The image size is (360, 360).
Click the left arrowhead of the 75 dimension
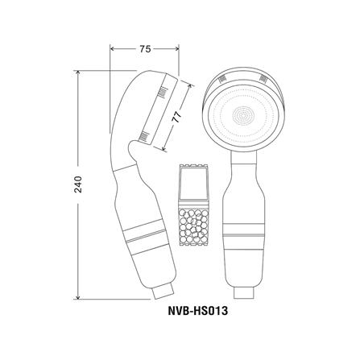point(112,50)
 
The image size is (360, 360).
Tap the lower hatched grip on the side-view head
point(145,136)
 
